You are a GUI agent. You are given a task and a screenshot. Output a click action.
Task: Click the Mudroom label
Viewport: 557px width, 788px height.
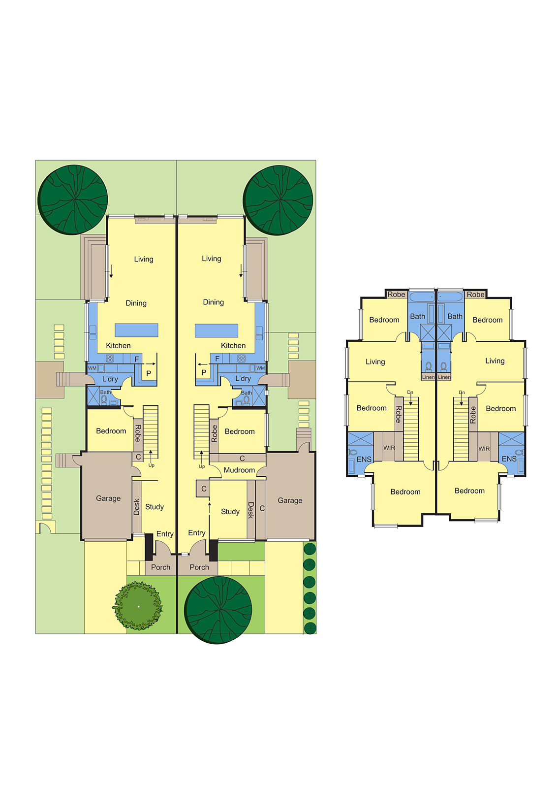pyautogui.click(x=239, y=470)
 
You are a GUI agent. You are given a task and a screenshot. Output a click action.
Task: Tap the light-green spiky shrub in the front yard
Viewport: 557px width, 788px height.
pyautogui.click(x=138, y=606)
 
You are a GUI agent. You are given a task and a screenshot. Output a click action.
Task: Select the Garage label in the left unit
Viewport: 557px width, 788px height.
pyautogui.click(x=108, y=498)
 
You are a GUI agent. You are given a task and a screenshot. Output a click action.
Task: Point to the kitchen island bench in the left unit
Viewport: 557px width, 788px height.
pyautogui.click(x=136, y=330)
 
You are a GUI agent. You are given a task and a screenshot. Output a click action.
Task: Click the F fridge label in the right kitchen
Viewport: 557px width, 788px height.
pyautogui.click(x=217, y=359)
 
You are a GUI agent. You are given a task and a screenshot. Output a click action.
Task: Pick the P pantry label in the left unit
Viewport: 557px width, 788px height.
pyautogui.click(x=149, y=373)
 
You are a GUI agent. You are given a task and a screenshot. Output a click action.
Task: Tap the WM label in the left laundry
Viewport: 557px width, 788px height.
pyautogui.click(x=92, y=368)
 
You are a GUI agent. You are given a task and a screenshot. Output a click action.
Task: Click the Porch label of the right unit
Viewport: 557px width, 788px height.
pyautogui.click(x=199, y=567)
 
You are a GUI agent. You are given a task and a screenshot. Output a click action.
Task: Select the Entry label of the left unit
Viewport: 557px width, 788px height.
pyautogui.click(x=165, y=534)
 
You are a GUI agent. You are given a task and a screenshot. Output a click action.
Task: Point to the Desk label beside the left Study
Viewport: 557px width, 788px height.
pyautogui.click(x=137, y=507)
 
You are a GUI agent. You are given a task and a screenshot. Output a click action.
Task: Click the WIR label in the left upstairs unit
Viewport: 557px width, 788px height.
pyautogui.click(x=389, y=448)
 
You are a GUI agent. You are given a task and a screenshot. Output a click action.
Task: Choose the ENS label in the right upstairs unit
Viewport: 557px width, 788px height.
pyautogui.click(x=509, y=459)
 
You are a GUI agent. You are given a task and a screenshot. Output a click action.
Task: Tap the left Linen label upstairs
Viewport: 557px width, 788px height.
pyautogui.click(x=428, y=377)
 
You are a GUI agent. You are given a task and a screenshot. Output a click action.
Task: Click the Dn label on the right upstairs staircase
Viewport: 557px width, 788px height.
pyautogui.click(x=462, y=392)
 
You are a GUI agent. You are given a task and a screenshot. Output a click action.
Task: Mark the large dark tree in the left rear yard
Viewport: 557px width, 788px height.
pyautogui.click(x=73, y=199)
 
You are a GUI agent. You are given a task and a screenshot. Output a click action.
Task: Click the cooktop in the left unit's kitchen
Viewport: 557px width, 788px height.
pyautogui.click(x=110, y=359)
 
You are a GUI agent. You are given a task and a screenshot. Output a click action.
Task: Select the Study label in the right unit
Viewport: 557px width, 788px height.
pyautogui.click(x=230, y=512)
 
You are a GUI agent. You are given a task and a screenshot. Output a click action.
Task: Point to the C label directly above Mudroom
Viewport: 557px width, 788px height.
pyautogui.click(x=242, y=459)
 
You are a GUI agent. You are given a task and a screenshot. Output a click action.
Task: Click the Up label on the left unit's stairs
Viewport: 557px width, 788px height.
pyautogui.click(x=152, y=465)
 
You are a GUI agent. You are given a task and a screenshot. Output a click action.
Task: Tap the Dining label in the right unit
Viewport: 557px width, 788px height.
pyautogui.click(x=214, y=302)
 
